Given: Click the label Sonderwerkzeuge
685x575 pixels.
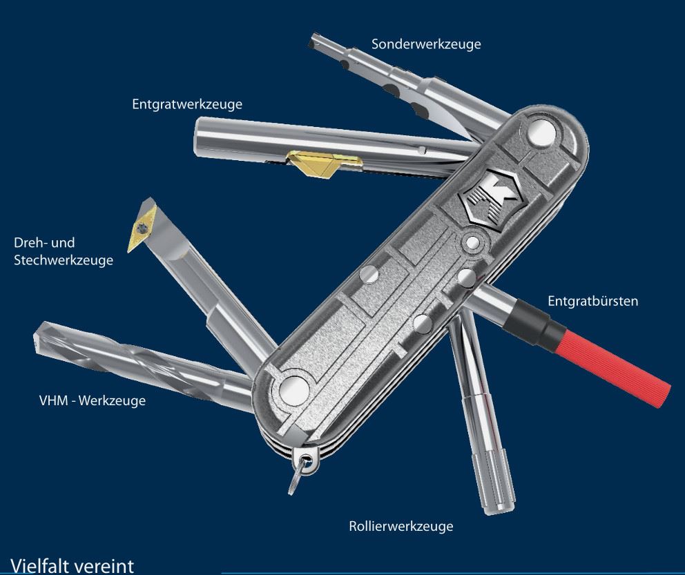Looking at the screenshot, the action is pyautogui.click(x=426, y=44).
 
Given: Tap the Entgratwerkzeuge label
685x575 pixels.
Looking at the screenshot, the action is pyautogui.click(x=187, y=104).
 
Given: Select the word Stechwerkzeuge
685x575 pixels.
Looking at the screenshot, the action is pyautogui.click(x=64, y=260).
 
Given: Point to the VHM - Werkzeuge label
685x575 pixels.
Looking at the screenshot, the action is pyautogui.click(x=92, y=400).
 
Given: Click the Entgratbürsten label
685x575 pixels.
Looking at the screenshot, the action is pyautogui.click(x=593, y=301).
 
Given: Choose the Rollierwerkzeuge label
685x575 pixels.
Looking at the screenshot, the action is pyautogui.click(x=401, y=526).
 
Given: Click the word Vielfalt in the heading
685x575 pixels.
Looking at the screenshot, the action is pyautogui.click(x=39, y=566).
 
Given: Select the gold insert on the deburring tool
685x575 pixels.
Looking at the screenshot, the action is pyautogui.click(x=324, y=164).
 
